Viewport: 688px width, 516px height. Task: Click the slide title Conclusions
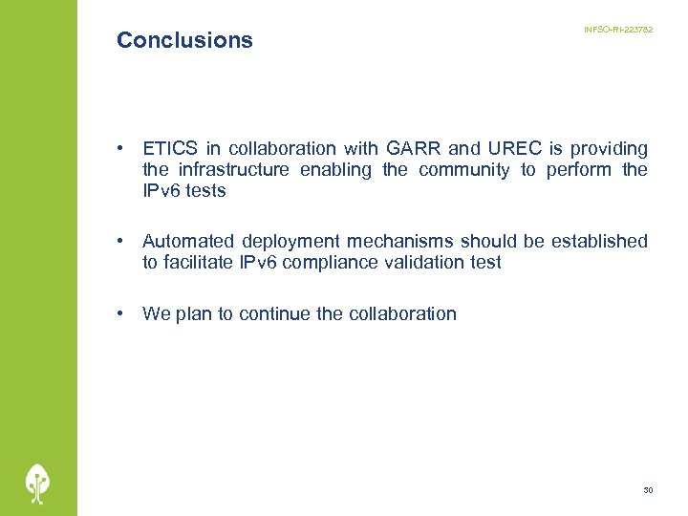click(184, 40)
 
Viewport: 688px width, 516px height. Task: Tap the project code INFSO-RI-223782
click(618, 32)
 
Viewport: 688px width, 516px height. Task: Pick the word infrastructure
click(233, 169)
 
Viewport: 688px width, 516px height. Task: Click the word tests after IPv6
click(206, 190)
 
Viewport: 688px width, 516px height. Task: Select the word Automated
click(187, 241)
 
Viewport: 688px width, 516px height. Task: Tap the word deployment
click(290, 242)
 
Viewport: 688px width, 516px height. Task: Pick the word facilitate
click(202, 262)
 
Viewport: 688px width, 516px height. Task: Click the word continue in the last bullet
click(274, 313)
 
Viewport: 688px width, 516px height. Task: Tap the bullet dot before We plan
click(121, 313)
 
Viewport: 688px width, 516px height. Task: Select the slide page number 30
click(648, 490)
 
